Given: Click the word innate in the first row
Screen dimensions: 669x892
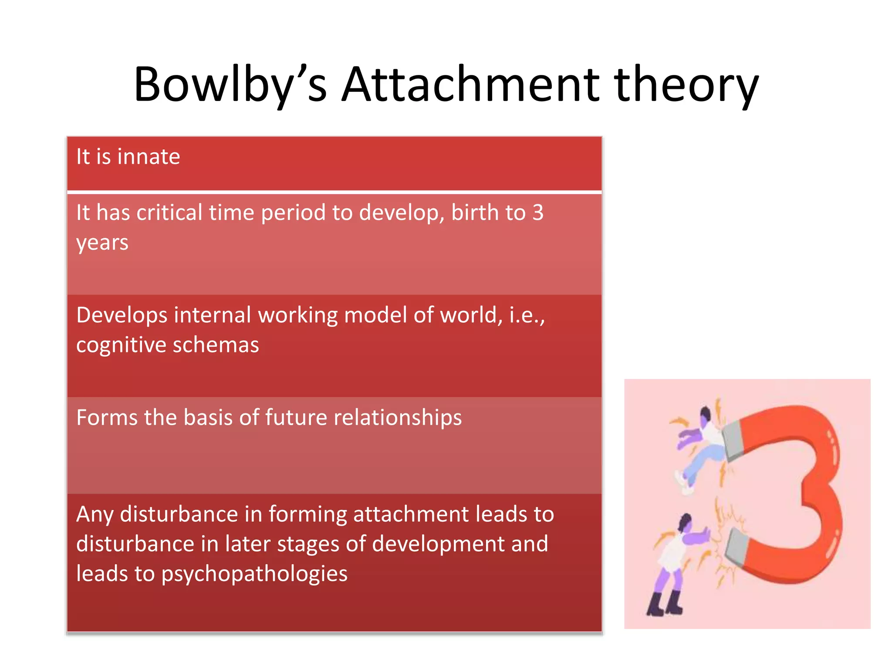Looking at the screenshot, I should [x=149, y=157].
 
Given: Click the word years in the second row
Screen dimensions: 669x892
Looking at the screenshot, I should [x=102, y=243].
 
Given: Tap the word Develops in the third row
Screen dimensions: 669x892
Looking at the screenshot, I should [x=121, y=315].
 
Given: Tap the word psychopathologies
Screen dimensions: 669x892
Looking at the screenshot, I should [x=254, y=574].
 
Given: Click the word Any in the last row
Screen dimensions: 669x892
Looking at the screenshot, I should [x=95, y=514].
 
